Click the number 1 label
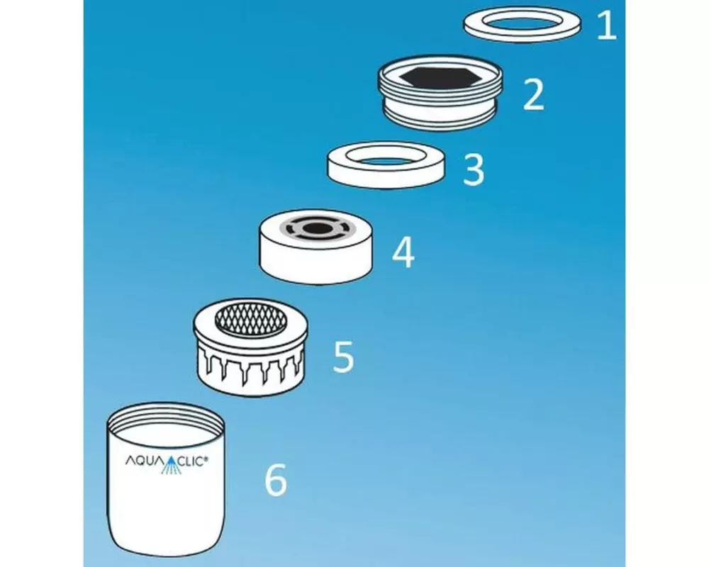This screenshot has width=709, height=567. [x=607, y=26]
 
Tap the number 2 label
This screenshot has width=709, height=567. [x=534, y=94]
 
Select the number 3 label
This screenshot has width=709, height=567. [x=474, y=169]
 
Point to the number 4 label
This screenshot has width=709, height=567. [x=403, y=253]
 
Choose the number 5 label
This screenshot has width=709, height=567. [x=343, y=357]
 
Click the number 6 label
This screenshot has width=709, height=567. [x=275, y=481]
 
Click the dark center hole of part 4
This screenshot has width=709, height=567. [x=316, y=228]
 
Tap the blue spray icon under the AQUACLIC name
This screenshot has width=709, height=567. [x=172, y=469]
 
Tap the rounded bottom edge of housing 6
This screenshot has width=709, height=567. [x=167, y=549]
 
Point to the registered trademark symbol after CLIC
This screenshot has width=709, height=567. [x=206, y=459]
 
